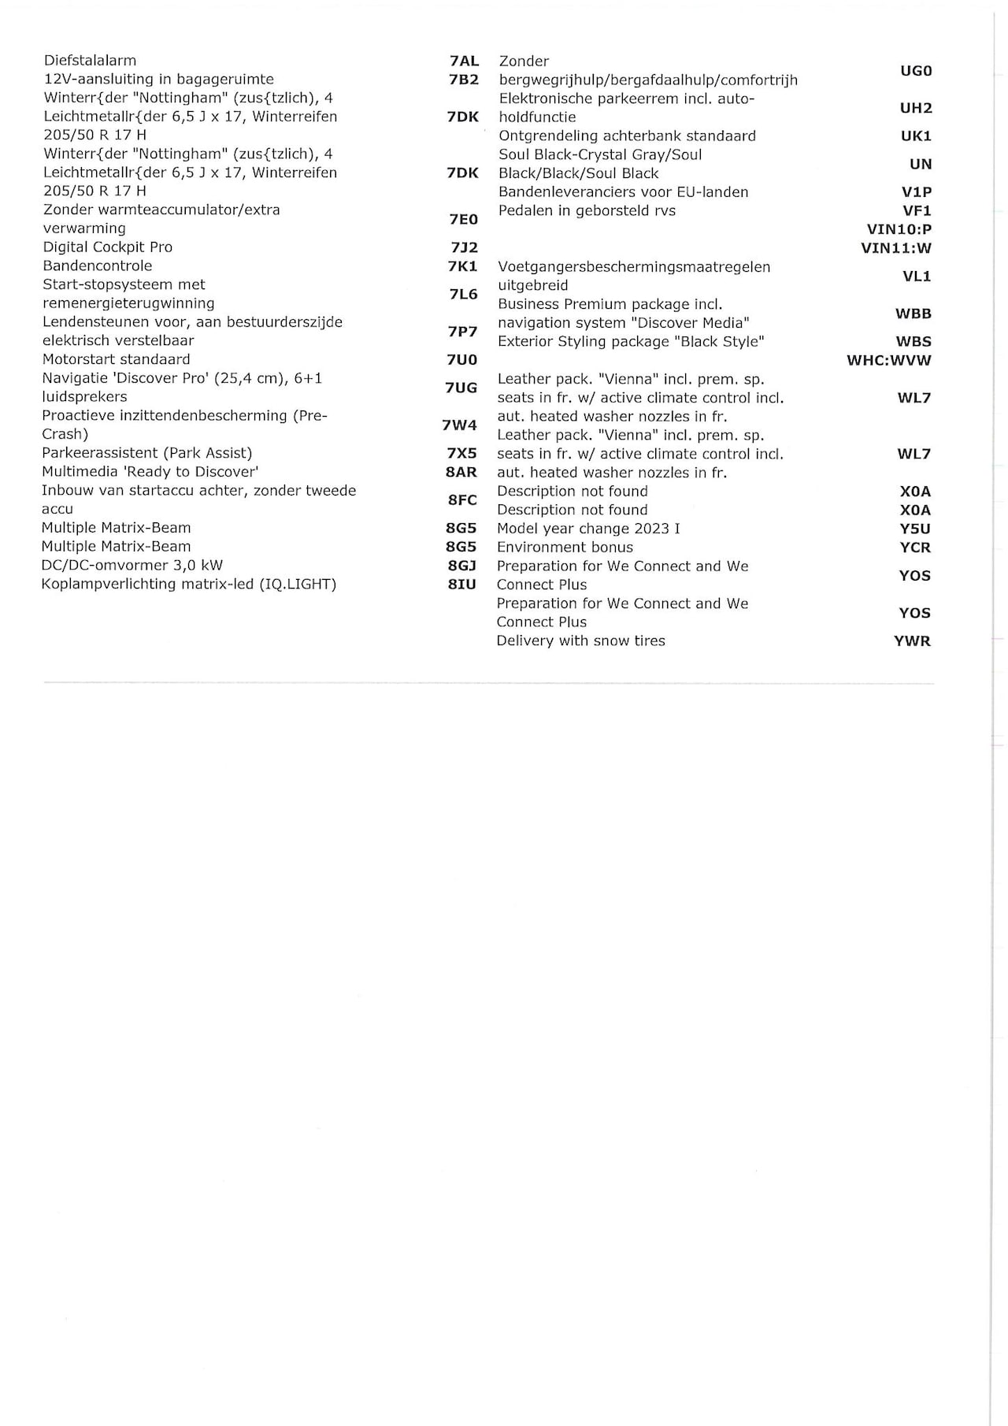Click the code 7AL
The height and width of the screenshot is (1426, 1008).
pos(464,61)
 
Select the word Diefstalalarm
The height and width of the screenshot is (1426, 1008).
pos(90,61)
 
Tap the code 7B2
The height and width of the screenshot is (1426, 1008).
pos(464,80)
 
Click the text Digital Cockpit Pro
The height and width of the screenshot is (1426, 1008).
pos(107,247)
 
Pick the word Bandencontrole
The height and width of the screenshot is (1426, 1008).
pos(97,266)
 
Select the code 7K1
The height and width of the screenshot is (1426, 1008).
pos(462,266)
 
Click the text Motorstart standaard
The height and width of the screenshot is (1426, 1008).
pos(116,359)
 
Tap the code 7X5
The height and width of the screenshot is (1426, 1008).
pos(461,453)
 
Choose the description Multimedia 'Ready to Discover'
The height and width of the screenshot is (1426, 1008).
pos(150,472)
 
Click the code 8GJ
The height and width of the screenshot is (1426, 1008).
pos(461,565)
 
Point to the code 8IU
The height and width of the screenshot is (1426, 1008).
pos(461,584)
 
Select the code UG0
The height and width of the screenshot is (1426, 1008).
pos(916,71)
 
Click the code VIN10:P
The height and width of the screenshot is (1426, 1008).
pos(899,229)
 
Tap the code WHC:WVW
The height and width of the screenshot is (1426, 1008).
pos(888,361)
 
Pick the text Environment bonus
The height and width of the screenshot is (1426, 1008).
pos(565,548)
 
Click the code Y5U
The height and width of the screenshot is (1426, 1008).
pos(915,529)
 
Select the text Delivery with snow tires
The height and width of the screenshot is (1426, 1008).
pos(580,641)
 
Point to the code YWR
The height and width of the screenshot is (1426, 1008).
pos(912,641)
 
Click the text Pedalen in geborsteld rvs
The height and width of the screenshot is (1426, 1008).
pos(587,211)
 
